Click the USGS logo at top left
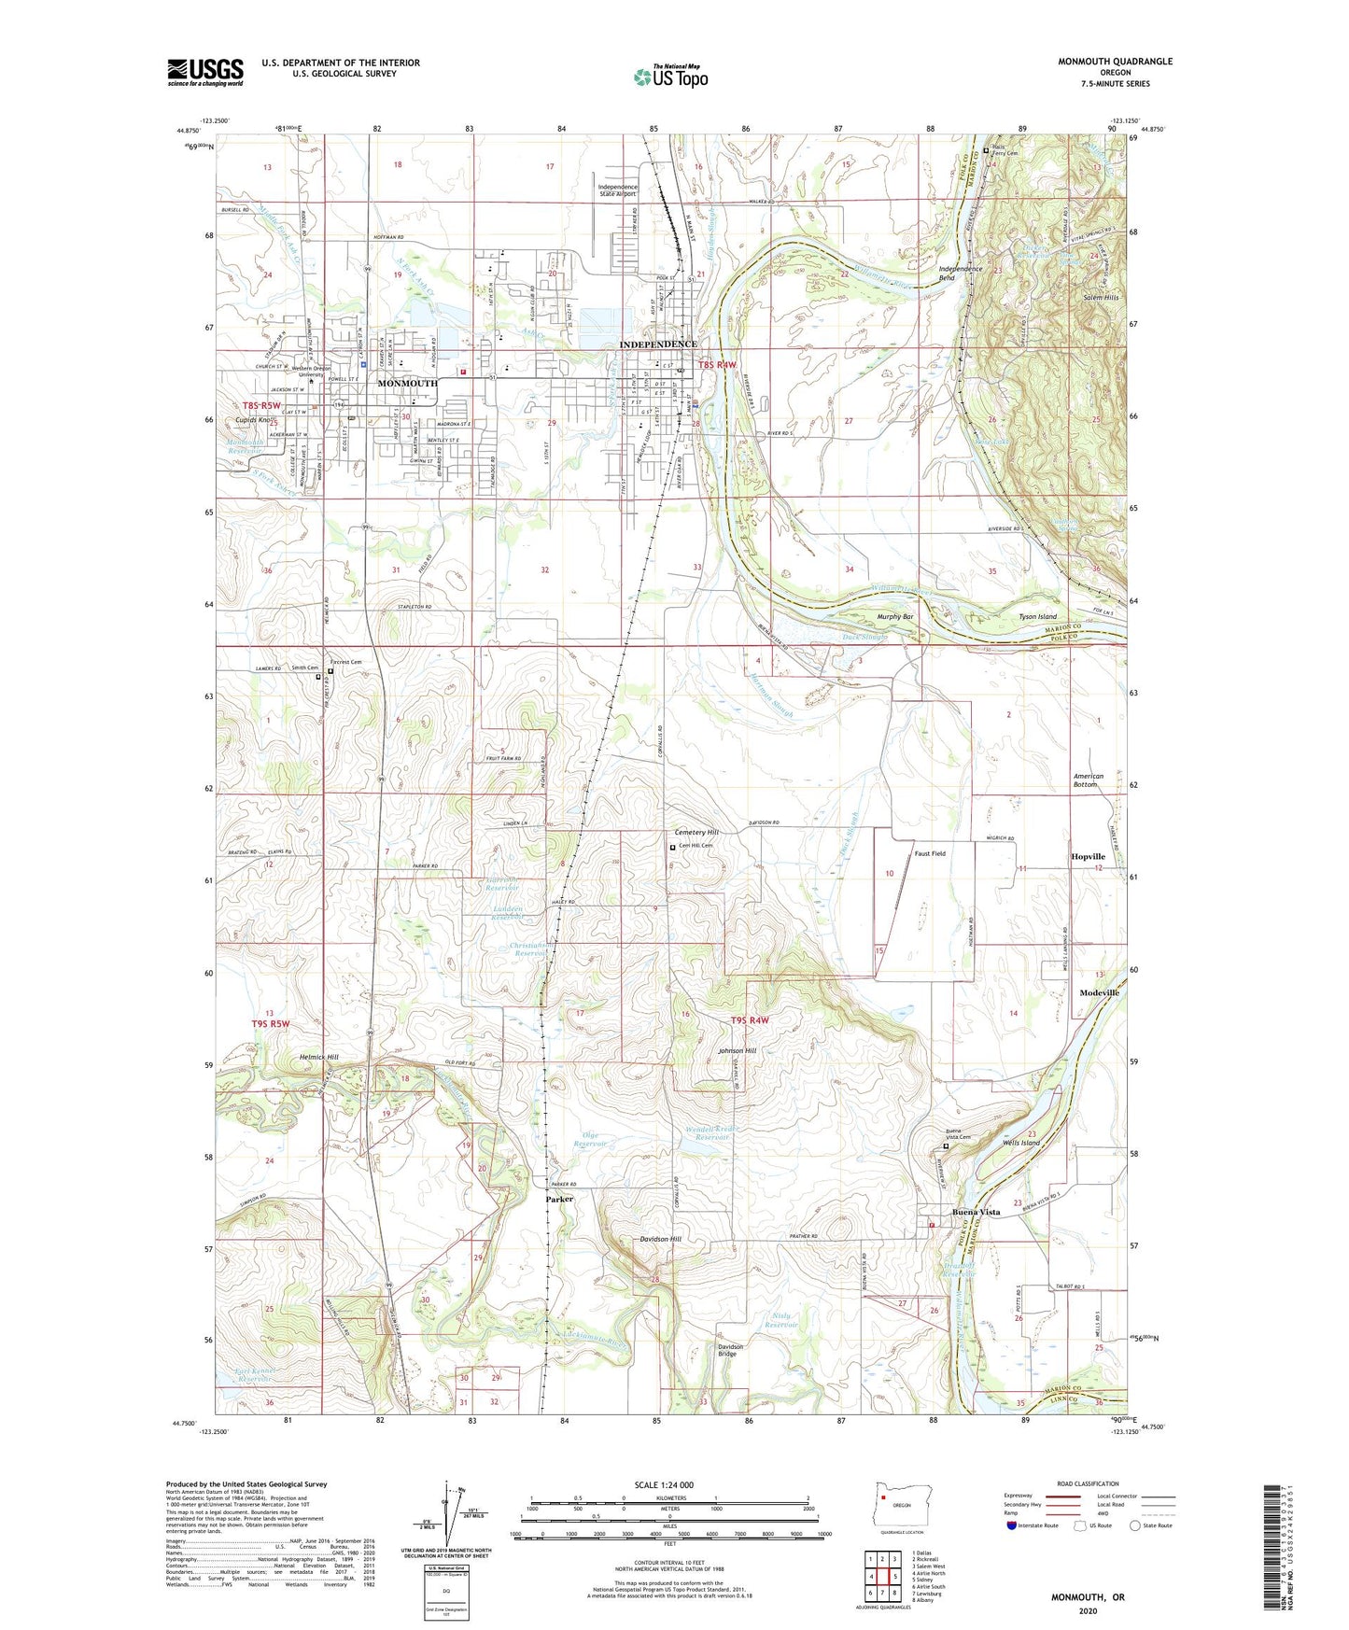pyautogui.click(x=204, y=72)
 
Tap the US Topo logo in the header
pyautogui.click(x=669, y=77)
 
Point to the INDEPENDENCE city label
pyautogui.click(x=658, y=344)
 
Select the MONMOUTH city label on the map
pyautogui.click(x=407, y=384)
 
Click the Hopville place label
pyautogui.click(x=1088, y=856)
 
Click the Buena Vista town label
pyautogui.click(x=976, y=1212)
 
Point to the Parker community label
pyautogui.click(x=559, y=1199)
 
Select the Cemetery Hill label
pyautogui.click(x=696, y=832)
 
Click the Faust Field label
pyautogui.click(x=930, y=853)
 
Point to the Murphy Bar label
pyautogui.click(x=895, y=617)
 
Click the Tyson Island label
pyautogui.click(x=1037, y=617)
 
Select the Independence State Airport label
pyautogui.click(x=618, y=190)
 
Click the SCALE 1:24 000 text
pyautogui.click(x=663, y=1484)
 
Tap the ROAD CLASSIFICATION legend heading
pyautogui.click(x=1088, y=1483)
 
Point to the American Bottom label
pyautogui.click(x=1089, y=780)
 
